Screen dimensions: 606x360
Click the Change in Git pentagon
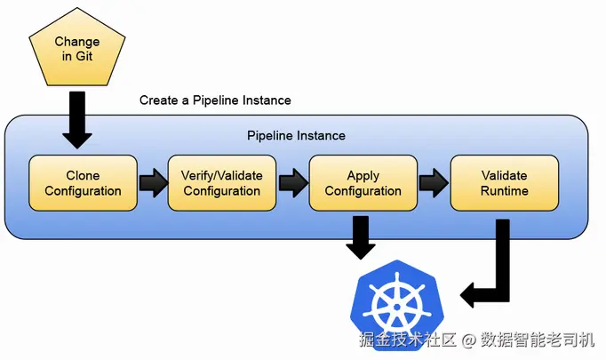[x=77, y=48]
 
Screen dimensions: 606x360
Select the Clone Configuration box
[x=84, y=183]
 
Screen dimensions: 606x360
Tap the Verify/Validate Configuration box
[x=222, y=183]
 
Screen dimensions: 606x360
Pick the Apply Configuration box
[x=363, y=183]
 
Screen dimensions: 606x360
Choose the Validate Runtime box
[x=505, y=183]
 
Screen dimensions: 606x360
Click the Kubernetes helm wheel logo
[x=397, y=306]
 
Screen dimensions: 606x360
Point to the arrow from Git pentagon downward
[x=77, y=120]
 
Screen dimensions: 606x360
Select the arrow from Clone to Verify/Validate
[x=153, y=183]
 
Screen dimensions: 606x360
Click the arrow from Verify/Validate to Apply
[x=293, y=183]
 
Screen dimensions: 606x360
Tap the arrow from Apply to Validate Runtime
[x=434, y=183]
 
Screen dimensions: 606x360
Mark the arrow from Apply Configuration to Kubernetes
[x=361, y=237]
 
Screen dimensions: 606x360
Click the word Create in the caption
[x=159, y=100]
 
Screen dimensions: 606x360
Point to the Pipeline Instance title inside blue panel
[x=296, y=136]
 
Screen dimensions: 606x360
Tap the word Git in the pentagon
[x=84, y=56]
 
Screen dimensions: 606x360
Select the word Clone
[x=83, y=175]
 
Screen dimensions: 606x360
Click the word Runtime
[x=505, y=190]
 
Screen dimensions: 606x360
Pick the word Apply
[x=363, y=176]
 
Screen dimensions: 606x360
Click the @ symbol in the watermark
[x=468, y=340]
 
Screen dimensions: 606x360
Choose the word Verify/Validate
[x=222, y=175]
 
